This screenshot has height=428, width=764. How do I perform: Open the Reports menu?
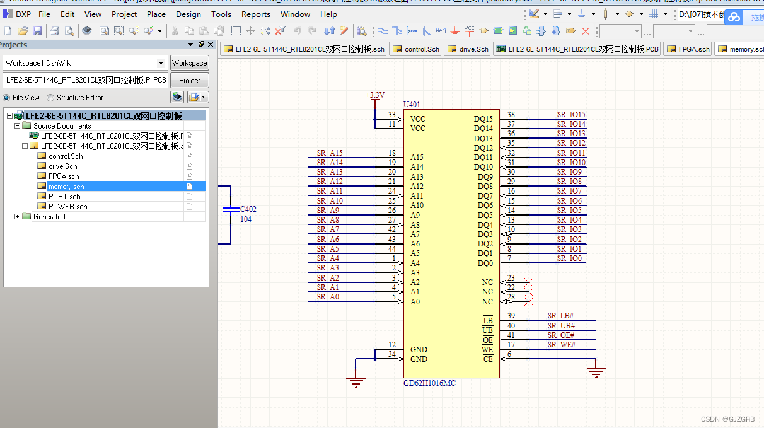coord(255,14)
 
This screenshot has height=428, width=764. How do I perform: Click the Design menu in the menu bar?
coord(188,14)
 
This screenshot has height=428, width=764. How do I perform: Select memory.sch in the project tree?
coord(66,187)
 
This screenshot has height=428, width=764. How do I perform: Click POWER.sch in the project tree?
coord(67,207)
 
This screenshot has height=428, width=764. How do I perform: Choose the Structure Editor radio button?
coord(51,98)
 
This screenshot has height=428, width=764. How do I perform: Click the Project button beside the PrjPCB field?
coord(189,81)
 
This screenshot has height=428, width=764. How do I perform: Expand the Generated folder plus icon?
coord(18,217)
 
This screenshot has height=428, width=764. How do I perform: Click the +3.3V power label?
coord(374,95)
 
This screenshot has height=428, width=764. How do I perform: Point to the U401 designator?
coord(412,105)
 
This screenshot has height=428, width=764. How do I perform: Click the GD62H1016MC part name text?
coord(429,383)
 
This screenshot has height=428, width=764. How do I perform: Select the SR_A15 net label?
coord(330,153)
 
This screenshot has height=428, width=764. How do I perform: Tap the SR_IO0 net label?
coord(569,258)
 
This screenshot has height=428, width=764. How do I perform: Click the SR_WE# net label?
coord(561,345)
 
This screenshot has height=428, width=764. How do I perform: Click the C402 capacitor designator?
coord(248,209)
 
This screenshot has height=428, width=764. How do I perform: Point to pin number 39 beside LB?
coord(511,316)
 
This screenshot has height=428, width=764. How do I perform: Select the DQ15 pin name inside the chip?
coord(483,119)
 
